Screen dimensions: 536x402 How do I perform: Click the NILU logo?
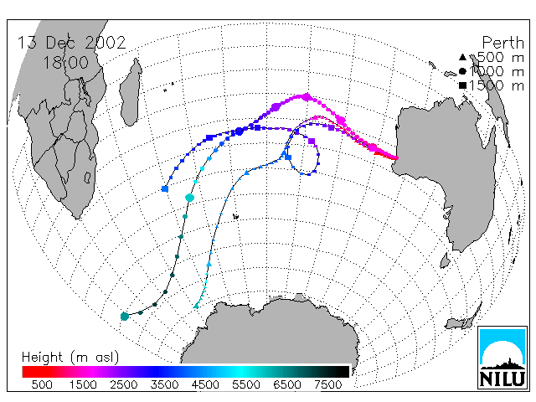coord(502,358)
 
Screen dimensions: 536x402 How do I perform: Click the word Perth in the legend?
coord(502,43)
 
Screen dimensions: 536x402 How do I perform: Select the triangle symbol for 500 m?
coord(462,57)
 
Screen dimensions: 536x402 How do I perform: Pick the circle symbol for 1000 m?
coord(462,71)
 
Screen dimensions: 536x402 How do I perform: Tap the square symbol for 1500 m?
coord(462,85)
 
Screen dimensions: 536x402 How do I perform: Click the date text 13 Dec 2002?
coord(72,43)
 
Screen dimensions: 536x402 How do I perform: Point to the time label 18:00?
coord(65,63)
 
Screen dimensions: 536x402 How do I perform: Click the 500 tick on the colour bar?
coord(42,384)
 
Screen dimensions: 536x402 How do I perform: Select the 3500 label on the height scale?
coord(164,384)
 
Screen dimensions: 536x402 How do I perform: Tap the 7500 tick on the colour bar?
coord(327,384)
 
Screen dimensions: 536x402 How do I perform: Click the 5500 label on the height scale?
coord(246,384)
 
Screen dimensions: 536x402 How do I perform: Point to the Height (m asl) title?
coord(70,358)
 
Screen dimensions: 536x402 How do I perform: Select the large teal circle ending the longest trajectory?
coord(125,317)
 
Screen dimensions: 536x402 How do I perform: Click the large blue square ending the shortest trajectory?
coord(165,188)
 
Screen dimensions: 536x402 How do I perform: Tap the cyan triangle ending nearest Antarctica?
coord(196,306)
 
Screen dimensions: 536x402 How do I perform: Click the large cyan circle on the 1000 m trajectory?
coord(190,198)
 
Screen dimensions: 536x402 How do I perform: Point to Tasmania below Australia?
coord(445,260)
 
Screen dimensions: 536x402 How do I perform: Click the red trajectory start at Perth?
coord(396,157)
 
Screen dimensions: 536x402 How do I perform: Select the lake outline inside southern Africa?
coord(87,177)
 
